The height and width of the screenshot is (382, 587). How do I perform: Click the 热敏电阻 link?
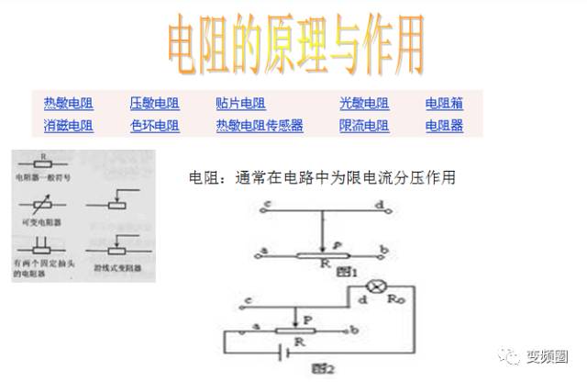pos(68,104)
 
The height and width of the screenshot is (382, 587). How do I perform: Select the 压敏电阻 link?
pos(154,104)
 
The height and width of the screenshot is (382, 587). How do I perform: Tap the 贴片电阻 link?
pos(240,104)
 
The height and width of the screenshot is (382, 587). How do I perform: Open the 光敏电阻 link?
pos(363,104)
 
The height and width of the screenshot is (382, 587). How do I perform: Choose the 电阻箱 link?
pos(444,104)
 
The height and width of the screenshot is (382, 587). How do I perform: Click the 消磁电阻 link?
pos(68,126)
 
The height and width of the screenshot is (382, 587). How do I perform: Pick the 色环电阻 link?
pos(154,126)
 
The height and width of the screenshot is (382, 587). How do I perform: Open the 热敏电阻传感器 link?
pos(259,126)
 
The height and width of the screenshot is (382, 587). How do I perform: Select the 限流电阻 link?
pos(363,126)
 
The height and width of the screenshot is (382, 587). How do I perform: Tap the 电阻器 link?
pos(444,126)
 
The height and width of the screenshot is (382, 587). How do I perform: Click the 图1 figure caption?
pos(346,271)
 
